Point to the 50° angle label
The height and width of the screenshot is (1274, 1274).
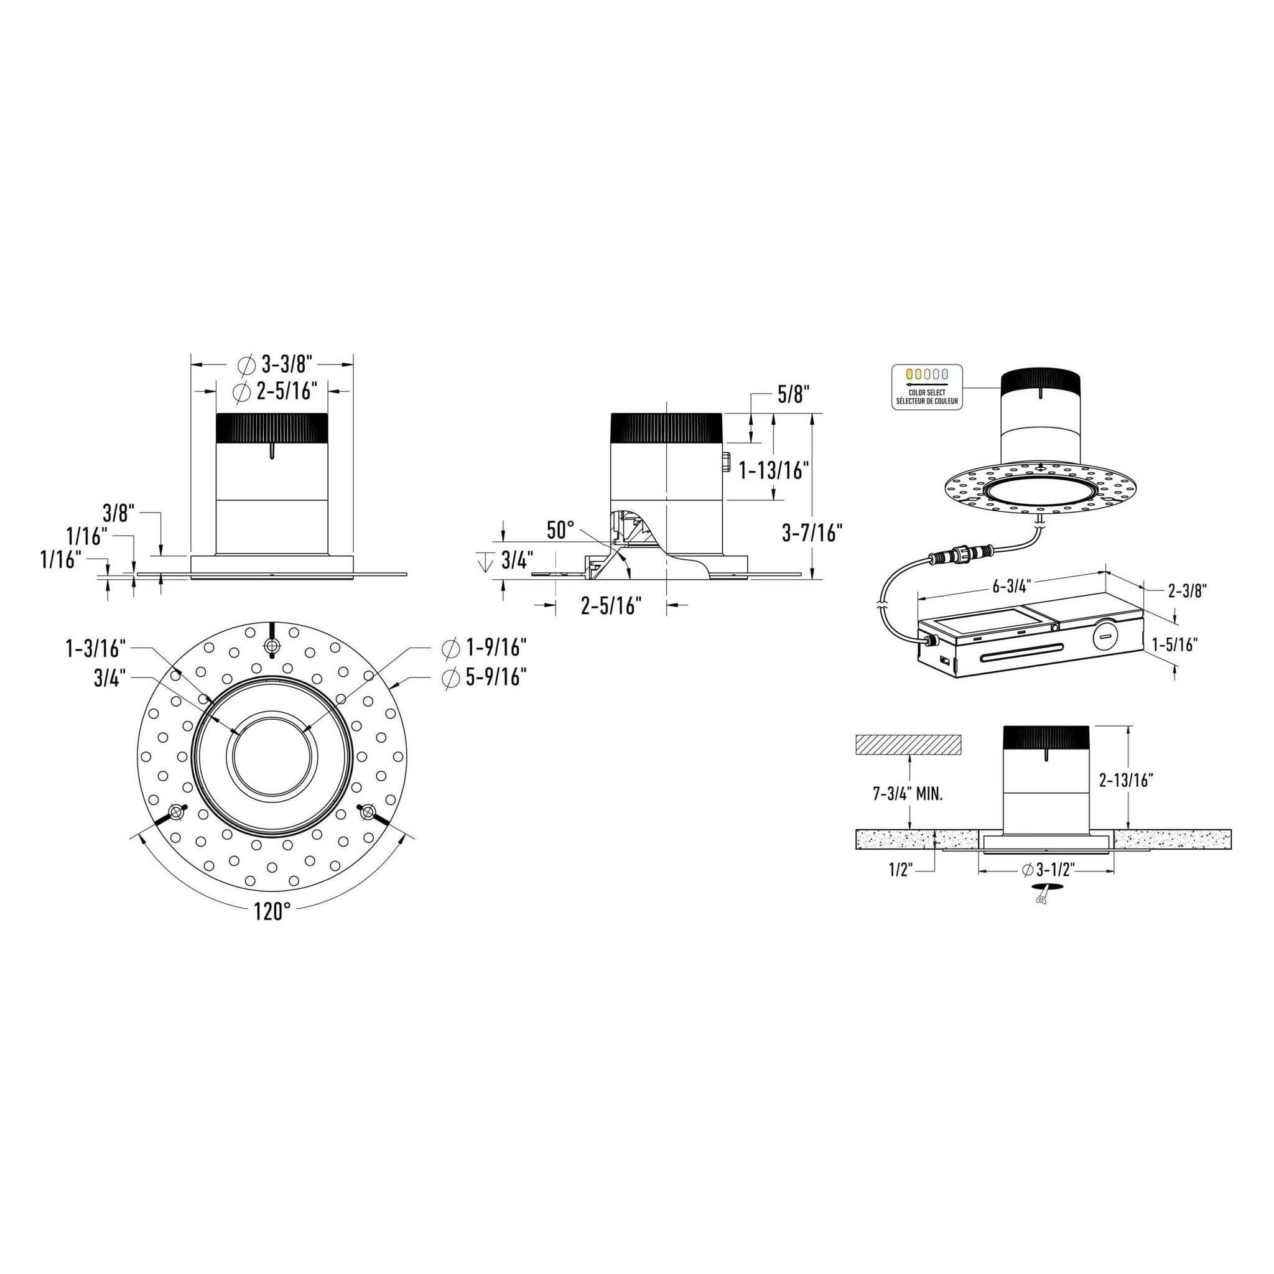pos(560,529)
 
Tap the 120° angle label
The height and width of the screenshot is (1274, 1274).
pos(272,911)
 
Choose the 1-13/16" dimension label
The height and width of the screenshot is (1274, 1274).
pos(773,470)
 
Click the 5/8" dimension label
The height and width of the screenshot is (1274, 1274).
pos(793,394)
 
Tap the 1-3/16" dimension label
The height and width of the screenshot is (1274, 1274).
pos(96,648)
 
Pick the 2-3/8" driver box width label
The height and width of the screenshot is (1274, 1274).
pos(1187,591)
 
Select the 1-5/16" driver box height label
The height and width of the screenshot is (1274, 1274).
pos(1174,644)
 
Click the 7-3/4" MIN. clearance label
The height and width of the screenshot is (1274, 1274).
pos(908,794)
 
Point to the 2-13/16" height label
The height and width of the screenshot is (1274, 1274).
pos(1125,780)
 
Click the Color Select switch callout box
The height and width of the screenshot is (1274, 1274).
pos(926,387)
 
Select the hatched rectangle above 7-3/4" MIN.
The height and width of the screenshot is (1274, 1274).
pos(909,745)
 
